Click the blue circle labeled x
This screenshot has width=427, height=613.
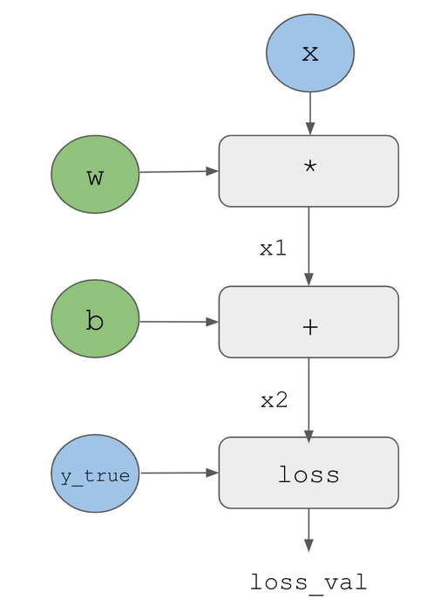(x=310, y=53)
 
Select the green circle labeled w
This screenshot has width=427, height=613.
(x=95, y=174)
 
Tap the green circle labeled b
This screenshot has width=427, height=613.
(x=95, y=318)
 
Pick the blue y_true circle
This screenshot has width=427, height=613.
(x=95, y=473)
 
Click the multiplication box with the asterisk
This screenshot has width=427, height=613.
(x=308, y=171)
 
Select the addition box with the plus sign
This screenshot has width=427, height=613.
(x=308, y=322)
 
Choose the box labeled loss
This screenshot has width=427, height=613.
(x=308, y=473)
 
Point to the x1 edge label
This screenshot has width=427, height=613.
(x=273, y=249)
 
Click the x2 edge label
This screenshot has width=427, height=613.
(x=274, y=401)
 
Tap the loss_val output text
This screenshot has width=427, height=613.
(x=308, y=583)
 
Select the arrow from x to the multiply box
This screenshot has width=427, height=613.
(x=310, y=113)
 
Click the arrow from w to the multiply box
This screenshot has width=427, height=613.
(x=179, y=171)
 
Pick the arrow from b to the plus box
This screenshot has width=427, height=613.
(x=179, y=322)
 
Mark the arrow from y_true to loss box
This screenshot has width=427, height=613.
(x=179, y=473)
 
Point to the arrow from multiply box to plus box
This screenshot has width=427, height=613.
(x=308, y=246)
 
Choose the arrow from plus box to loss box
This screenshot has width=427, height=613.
(x=308, y=398)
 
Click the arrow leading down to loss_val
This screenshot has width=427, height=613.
(x=308, y=530)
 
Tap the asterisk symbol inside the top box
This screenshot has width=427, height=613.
(x=310, y=167)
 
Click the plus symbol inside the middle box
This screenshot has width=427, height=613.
(x=310, y=327)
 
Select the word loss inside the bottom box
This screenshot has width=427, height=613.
(x=308, y=474)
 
